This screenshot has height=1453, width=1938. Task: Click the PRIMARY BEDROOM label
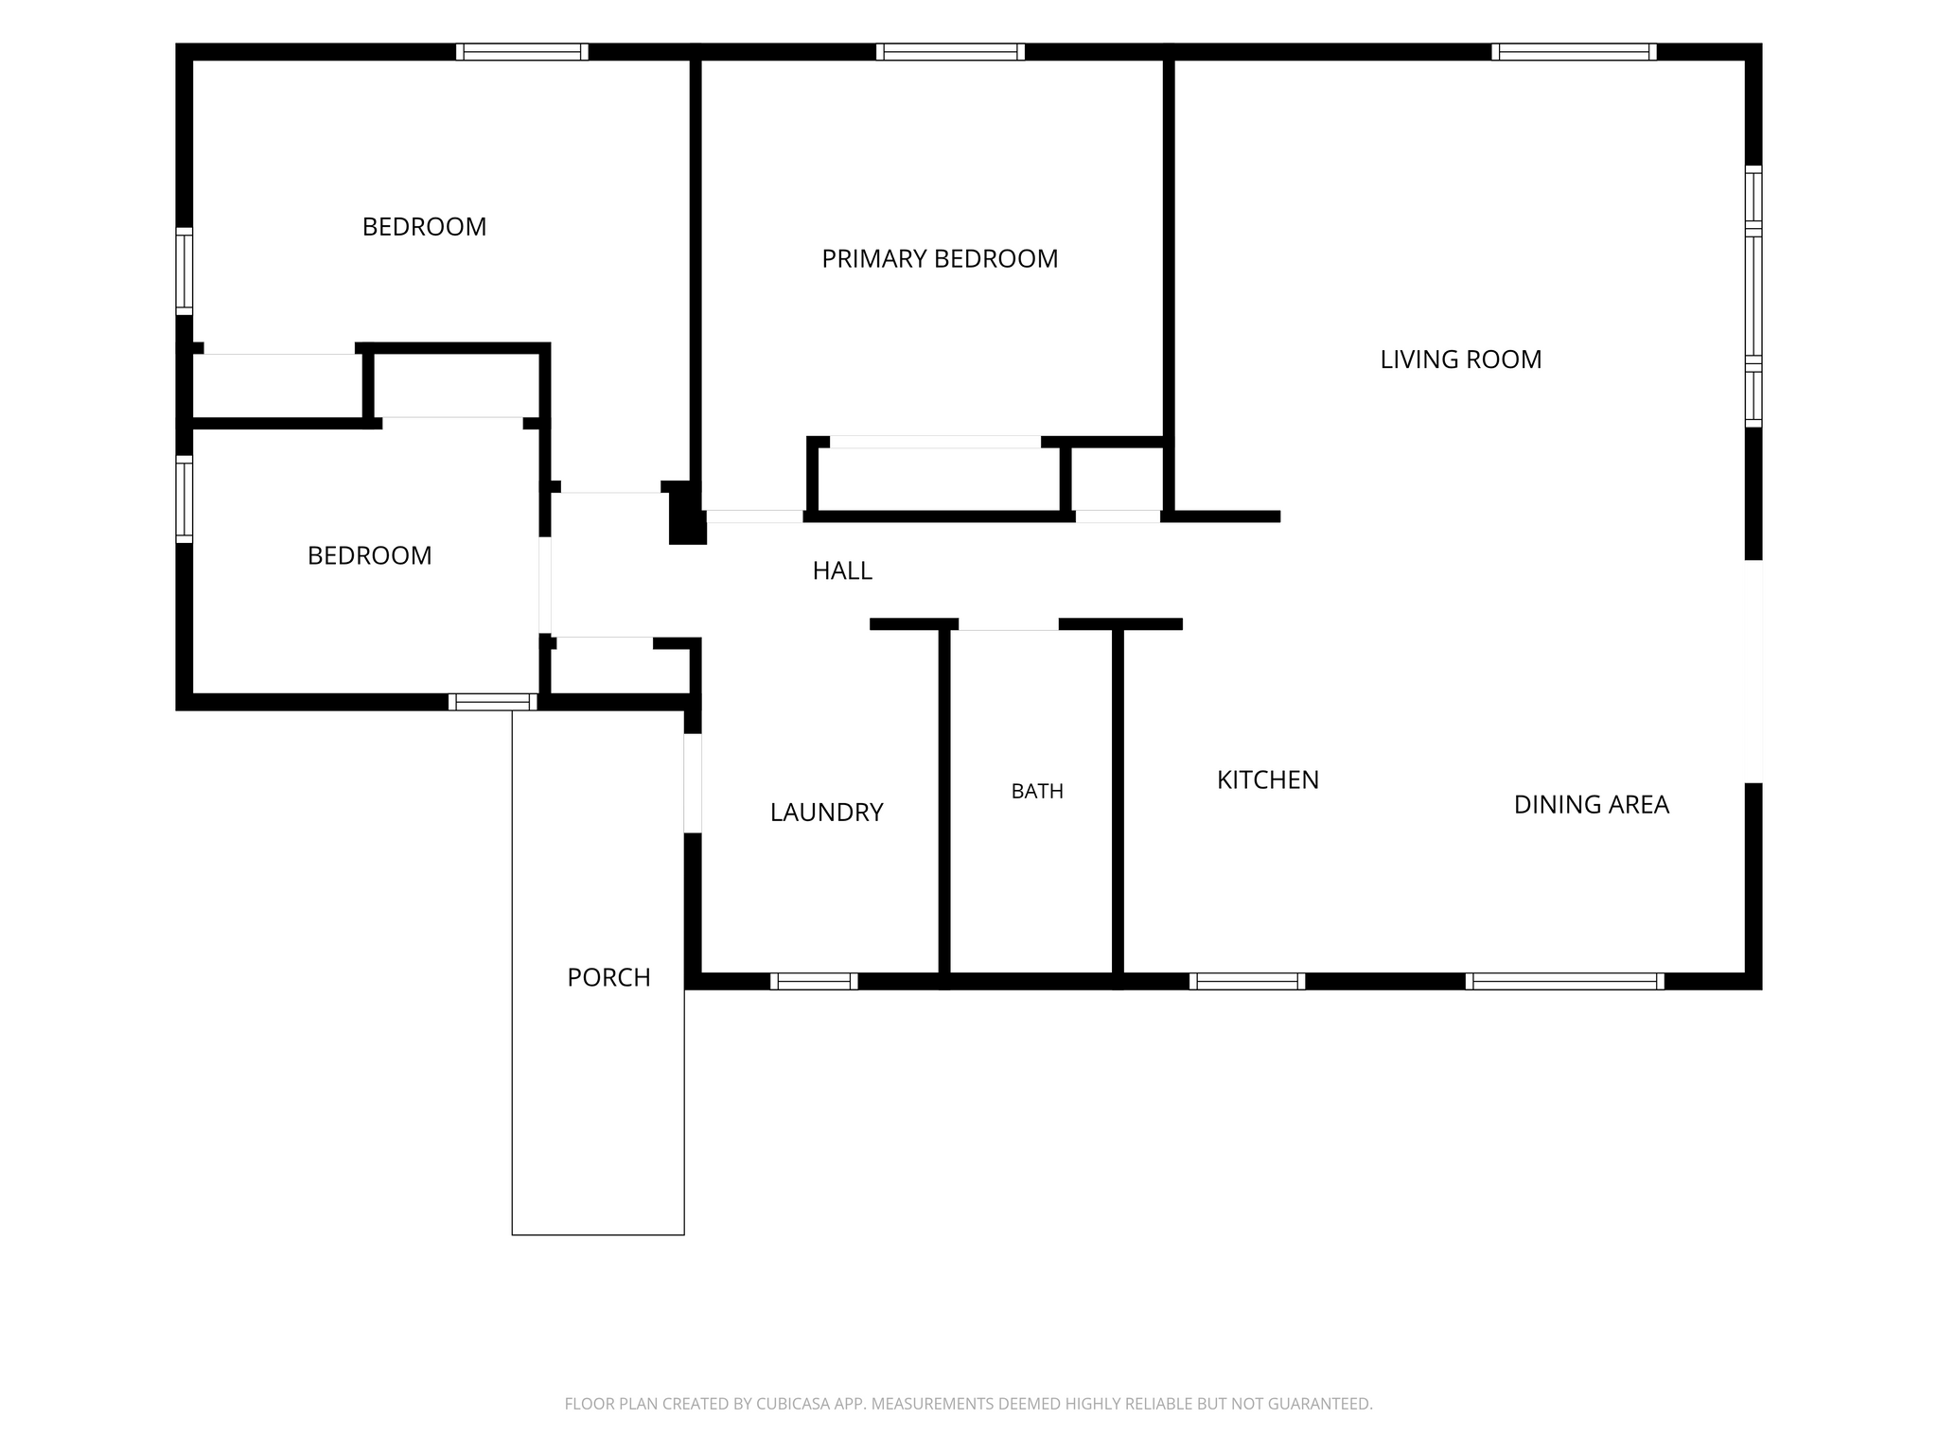(x=940, y=258)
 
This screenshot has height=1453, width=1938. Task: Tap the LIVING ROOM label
(x=1461, y=359)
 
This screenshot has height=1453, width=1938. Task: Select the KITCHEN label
(x=1268, y=779)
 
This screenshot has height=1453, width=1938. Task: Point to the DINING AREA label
(x=1592, y=804)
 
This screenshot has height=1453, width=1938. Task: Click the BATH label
(x=1037, y=791)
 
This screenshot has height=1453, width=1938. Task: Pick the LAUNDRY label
(x=827, y=812)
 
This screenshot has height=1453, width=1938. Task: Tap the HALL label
(x=842, y=570)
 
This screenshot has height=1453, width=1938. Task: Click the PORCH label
(x=608, y=977)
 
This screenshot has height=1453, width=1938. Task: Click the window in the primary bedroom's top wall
(x=950, y=52)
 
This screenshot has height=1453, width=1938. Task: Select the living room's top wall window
(x=1574, y=52)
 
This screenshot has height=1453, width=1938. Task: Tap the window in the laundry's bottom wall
(x=814, y=981)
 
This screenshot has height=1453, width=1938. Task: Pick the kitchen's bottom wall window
(x=1247, y=981)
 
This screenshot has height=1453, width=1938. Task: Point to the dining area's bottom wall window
(x=1564, y=981)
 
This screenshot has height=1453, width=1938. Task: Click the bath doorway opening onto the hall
(x=1009, y=624)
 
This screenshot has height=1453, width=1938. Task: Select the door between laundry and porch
(x=693, y=783)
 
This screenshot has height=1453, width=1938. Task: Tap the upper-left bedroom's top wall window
(x=521, y=52)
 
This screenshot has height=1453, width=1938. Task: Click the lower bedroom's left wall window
(x=185, y=499)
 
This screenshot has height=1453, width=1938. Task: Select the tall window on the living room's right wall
(x=1753, y=296)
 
